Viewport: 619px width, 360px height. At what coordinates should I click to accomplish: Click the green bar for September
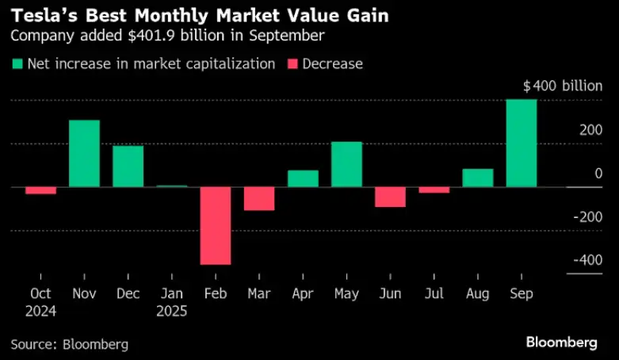click(x=522, y=143)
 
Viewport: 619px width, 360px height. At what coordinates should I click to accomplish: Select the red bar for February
click(x=216, y=226)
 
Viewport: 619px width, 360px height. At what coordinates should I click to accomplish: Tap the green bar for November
click(x=84, y=154)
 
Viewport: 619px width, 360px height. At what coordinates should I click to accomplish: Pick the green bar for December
click(x=128, y=167)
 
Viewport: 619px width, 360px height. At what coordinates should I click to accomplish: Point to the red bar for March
click(x=259, y=199)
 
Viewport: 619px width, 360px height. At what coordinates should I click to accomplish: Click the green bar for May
click(x=346, y=164)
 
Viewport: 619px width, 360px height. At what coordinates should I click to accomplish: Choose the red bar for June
click(x=390, y=197)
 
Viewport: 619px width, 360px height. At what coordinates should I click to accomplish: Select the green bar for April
click(x=303, y=178)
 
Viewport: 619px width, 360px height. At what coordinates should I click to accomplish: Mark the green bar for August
click(x=478, y=178)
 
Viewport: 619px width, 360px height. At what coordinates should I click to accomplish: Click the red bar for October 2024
click(x=40, y=190)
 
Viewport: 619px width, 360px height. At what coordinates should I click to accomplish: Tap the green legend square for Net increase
click(x=17, y=64)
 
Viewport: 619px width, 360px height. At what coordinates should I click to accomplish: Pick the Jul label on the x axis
click(x=434, y=293)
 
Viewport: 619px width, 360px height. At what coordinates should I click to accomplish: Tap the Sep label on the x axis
click(x=522, y=293)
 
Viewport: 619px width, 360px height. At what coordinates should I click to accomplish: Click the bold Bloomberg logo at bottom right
click(x=561, y=343)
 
